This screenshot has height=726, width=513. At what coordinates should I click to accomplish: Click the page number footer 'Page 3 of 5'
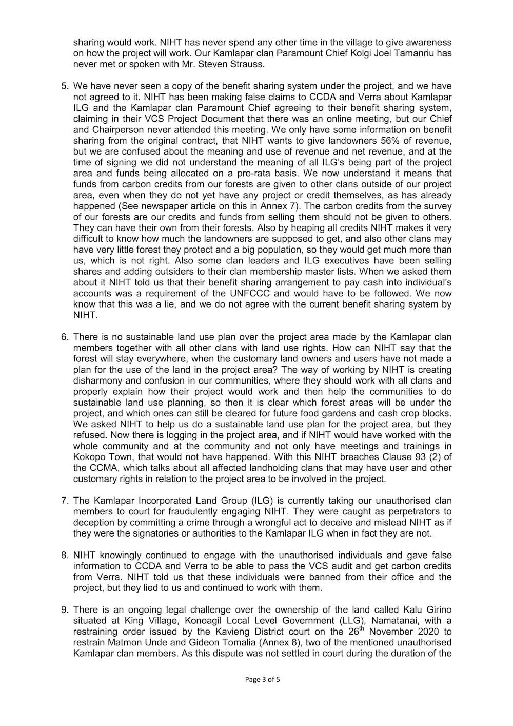click(x=262, y=679)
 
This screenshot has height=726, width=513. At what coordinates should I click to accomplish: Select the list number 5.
click(x=65, y=86)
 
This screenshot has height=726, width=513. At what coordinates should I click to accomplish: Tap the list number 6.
click(x=65, y=337)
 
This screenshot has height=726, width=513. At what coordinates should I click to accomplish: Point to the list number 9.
click(x=65, y=610)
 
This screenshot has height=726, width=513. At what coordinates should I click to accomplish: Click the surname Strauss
click(x=247, y=64)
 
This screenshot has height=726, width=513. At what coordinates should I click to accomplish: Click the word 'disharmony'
click(x=98, y=381)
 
